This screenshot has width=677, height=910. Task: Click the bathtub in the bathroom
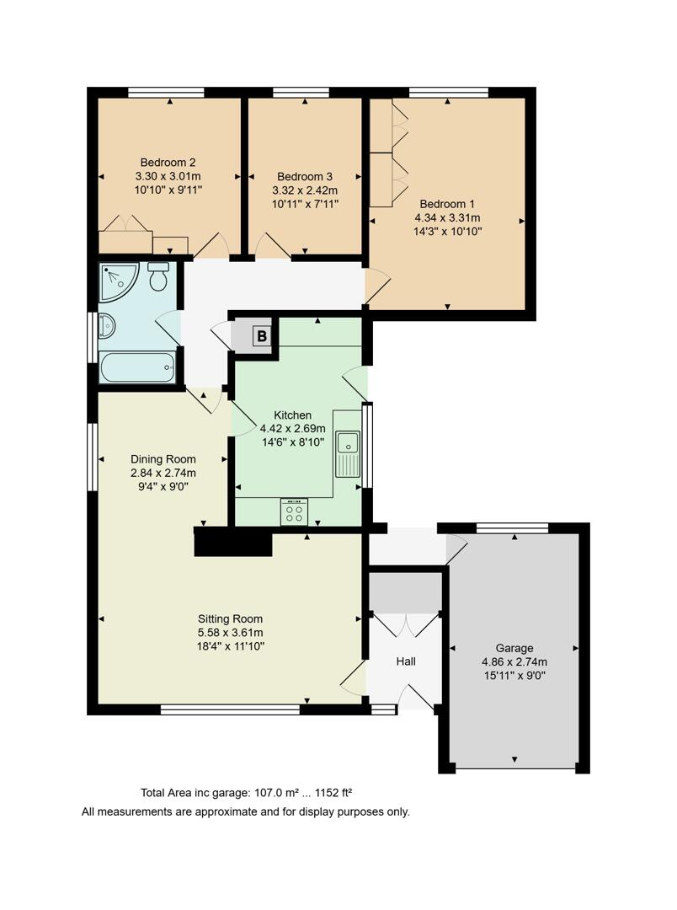pos(136,368)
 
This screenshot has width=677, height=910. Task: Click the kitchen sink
pos(347,445)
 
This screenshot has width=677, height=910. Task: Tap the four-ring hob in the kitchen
pos(295,511)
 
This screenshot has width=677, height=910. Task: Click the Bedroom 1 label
pos(447,204)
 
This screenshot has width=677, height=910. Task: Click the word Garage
pos(514,648)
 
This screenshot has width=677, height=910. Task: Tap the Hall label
pos(406,661)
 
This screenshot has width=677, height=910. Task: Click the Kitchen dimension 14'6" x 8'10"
pos(292,442)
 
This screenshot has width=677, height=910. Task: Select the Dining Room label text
pos(163,459)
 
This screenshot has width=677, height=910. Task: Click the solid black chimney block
pos(233,543)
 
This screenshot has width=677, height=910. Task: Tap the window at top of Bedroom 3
pos(301,93)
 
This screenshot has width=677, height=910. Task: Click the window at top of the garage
pos(512,528)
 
